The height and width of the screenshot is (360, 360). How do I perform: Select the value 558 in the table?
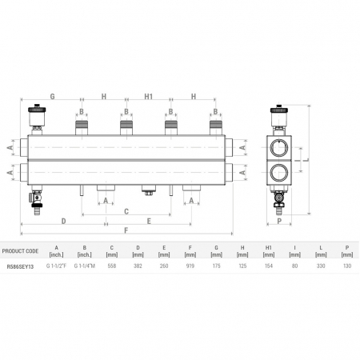coord(112,266)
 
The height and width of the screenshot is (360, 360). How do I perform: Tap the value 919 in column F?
coord(190,266)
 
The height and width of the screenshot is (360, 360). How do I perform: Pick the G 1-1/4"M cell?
coord(85,266)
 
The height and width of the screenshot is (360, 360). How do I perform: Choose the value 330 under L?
coord(321,266)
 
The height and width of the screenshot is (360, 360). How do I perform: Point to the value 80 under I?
coord(294,266)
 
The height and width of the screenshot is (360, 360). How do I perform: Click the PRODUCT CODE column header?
coord(20,251)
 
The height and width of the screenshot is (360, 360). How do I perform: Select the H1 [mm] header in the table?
coord(269,251)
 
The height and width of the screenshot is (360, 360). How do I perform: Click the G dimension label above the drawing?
coord(53,96)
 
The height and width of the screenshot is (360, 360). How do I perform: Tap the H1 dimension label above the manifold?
coord(149,96)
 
